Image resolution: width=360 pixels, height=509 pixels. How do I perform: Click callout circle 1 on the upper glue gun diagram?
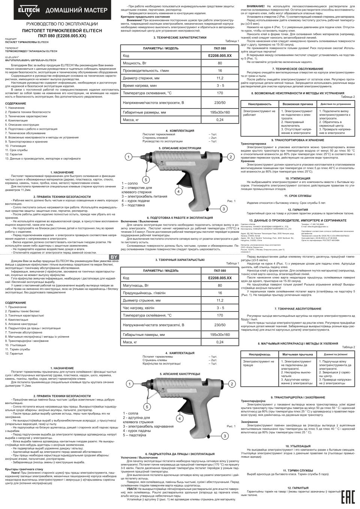coord(128,157)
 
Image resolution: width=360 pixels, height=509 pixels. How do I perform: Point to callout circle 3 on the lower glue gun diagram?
coord(225,436)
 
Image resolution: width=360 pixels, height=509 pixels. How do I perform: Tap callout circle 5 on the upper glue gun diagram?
coord(147,179)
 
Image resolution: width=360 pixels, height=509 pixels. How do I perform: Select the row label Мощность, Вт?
coord(134,63)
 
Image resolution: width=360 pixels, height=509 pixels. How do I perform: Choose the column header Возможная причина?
coord(296,103)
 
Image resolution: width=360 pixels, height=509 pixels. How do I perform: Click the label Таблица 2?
coord(349,97)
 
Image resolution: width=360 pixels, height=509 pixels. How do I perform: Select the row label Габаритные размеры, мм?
coord(144,112)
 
